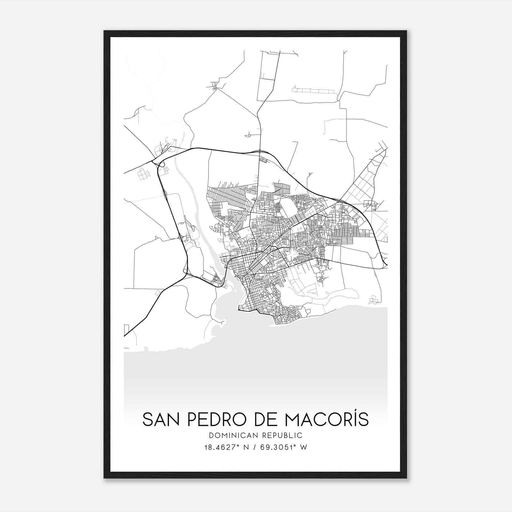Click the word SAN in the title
tap(161, 420)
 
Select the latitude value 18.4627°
tap(219, 447)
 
